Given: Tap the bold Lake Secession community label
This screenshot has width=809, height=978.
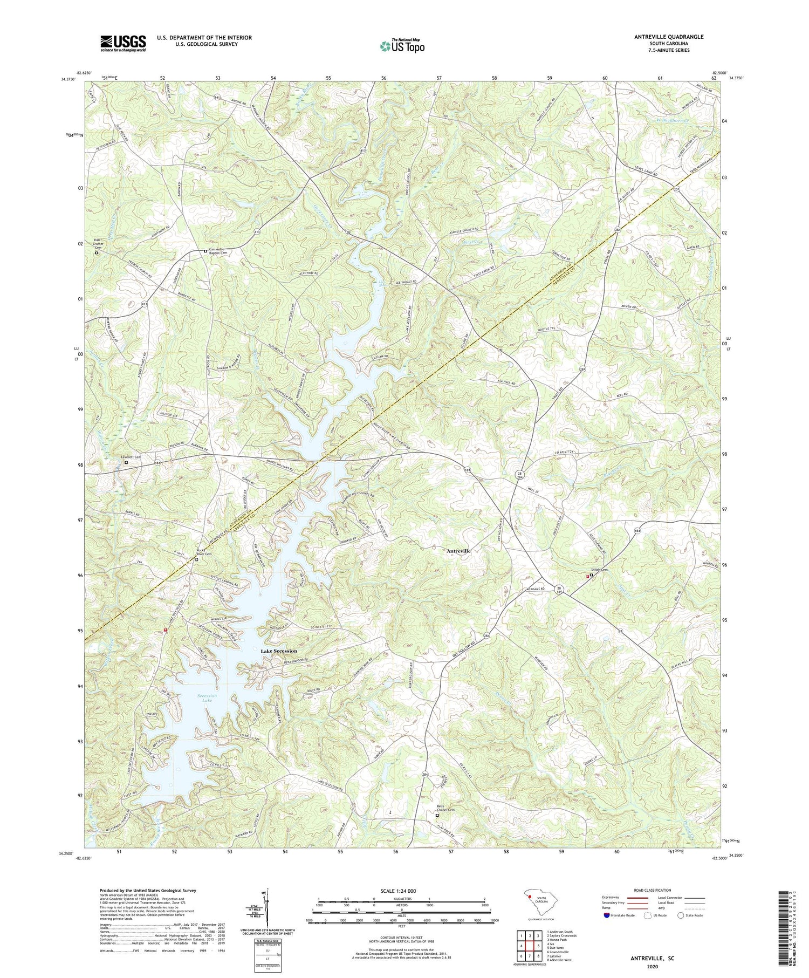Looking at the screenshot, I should point(279,651).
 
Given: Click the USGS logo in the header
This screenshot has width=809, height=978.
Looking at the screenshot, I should point(123,43).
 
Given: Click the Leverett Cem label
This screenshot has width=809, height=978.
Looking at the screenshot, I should point(130,457).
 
